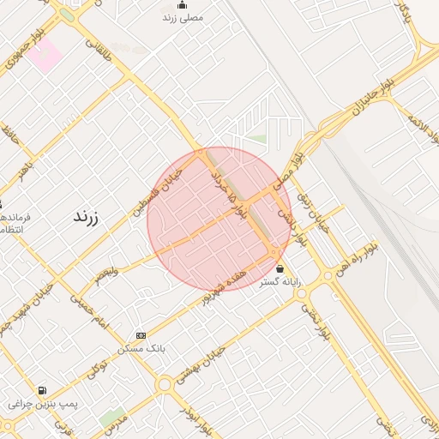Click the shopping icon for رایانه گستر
tap(280, 268)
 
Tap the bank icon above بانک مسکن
tap(141, 335)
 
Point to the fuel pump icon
tap(42, 390)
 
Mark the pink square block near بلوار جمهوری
tap(44, 56)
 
